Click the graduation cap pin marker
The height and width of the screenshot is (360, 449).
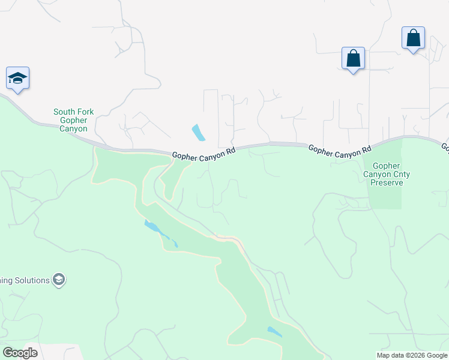18,78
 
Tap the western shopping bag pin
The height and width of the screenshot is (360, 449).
353,59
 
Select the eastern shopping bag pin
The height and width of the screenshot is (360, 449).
413,38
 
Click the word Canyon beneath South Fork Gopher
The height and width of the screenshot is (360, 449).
73,128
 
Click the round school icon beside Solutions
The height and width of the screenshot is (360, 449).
59,279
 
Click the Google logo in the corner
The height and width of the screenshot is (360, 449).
20,352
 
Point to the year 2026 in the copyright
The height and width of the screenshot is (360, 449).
413,355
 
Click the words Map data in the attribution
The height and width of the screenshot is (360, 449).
391,355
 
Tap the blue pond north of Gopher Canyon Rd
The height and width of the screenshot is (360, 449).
197,131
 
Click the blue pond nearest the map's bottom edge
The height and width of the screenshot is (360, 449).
274,331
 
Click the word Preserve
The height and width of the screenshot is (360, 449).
387,182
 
